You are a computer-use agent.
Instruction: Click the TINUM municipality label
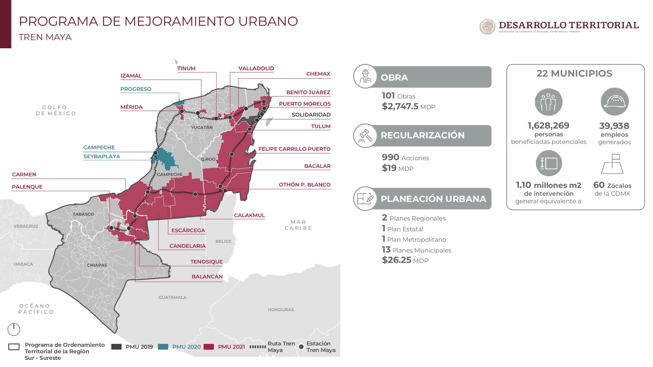[186, 69]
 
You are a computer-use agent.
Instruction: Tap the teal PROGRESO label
[136, 89]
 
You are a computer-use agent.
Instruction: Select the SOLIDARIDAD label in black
[311, 115]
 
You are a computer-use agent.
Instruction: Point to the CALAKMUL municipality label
[249, 215]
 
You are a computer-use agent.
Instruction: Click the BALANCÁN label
[207, 277]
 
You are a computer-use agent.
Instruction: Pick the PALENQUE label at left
[27, 187]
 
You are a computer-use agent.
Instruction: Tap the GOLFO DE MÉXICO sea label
[56, 110]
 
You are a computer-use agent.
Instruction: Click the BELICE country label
[223, 241]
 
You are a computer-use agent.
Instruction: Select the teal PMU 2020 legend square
[163, 347]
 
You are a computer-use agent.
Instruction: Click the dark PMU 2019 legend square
[116, 347]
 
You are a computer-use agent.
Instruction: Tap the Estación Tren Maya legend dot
[301, 347]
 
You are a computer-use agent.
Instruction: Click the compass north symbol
[14, 329]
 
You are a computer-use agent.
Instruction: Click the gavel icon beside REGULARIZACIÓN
[365, 136]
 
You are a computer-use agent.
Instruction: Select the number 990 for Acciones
[390, 157]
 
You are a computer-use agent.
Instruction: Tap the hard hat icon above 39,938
[614, 102]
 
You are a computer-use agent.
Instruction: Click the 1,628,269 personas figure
[549, 126]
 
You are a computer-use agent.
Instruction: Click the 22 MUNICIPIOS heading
[574, 74]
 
